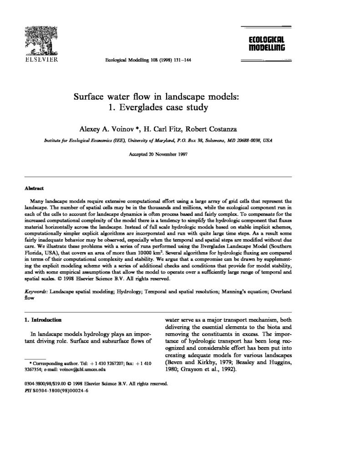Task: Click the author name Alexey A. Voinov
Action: click(107, 128)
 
